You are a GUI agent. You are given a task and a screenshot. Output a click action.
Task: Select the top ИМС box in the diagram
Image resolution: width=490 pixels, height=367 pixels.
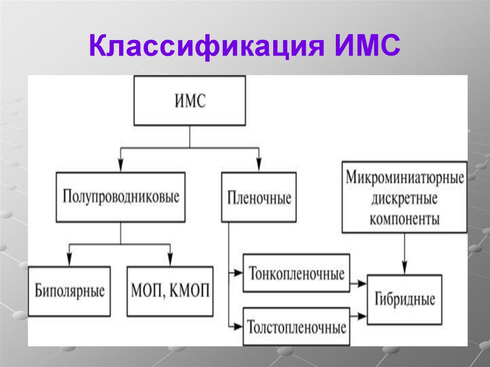[190, 101]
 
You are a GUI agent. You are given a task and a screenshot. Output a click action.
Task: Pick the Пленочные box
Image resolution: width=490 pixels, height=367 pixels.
[259, 197]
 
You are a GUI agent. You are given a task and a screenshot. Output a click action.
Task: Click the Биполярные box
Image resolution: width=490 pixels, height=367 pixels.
[69, 291]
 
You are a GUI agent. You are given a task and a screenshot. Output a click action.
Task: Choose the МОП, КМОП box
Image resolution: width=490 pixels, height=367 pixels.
[170, 291]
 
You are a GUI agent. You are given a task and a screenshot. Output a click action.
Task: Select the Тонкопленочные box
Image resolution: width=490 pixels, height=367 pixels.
[297, 274]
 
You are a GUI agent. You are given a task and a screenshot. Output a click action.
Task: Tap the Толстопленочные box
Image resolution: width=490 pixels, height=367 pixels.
[297, 328]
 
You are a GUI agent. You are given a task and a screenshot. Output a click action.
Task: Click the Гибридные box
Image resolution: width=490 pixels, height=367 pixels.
[404, 300]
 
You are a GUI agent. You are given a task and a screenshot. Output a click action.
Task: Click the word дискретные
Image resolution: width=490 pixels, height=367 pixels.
[405, 199]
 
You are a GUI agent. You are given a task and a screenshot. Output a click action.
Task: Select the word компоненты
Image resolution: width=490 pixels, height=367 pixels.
[405, 219]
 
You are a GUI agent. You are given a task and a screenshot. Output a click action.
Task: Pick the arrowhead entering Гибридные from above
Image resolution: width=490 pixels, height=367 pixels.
[405, 268]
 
